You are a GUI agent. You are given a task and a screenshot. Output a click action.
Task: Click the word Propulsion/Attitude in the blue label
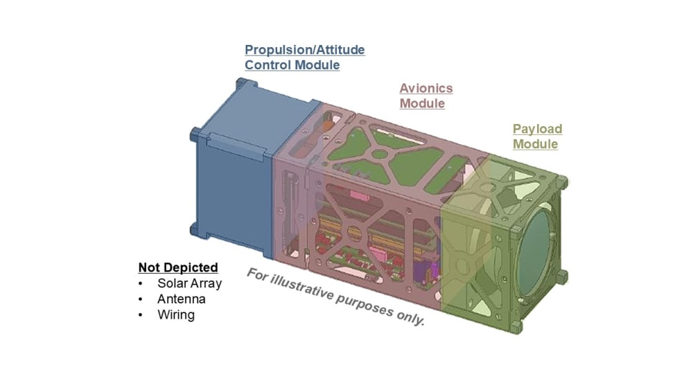click(304, 50)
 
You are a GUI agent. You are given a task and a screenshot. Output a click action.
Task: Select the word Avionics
click(426, 89)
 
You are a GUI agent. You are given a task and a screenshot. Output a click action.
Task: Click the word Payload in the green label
click(537, 129)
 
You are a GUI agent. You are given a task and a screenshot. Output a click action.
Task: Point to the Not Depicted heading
click(178, 267)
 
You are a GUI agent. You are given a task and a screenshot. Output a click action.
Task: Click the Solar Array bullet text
click(189, 283)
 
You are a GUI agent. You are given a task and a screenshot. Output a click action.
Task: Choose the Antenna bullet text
click(182, 299)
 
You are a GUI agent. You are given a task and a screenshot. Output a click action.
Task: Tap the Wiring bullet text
click(176, 315)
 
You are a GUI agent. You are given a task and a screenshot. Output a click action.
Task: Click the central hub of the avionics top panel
click(378, 154)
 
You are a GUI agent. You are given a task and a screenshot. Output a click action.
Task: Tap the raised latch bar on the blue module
click(236, 144)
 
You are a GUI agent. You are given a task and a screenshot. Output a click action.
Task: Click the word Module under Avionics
click(422, 104)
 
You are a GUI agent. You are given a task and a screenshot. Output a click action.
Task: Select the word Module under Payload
click(535, 144)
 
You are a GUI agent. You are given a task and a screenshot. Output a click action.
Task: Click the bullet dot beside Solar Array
click(141, 284)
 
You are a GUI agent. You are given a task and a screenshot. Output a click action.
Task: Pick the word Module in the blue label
click(316, 65)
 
